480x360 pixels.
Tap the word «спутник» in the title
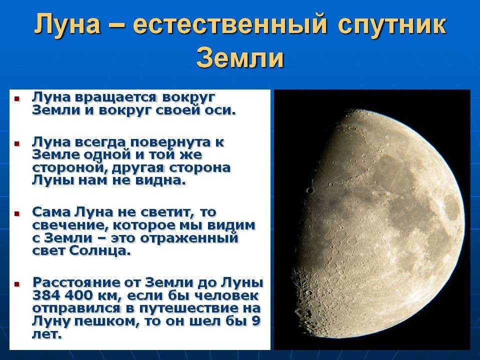click(392, 25)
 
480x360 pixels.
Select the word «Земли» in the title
click(240, 58)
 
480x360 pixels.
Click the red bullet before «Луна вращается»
click(17, 99)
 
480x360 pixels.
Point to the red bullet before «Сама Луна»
click(17, 213)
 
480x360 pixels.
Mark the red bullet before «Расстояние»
click(17, 284)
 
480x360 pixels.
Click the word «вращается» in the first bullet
click(116, 98)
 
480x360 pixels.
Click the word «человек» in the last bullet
click(227, 295)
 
